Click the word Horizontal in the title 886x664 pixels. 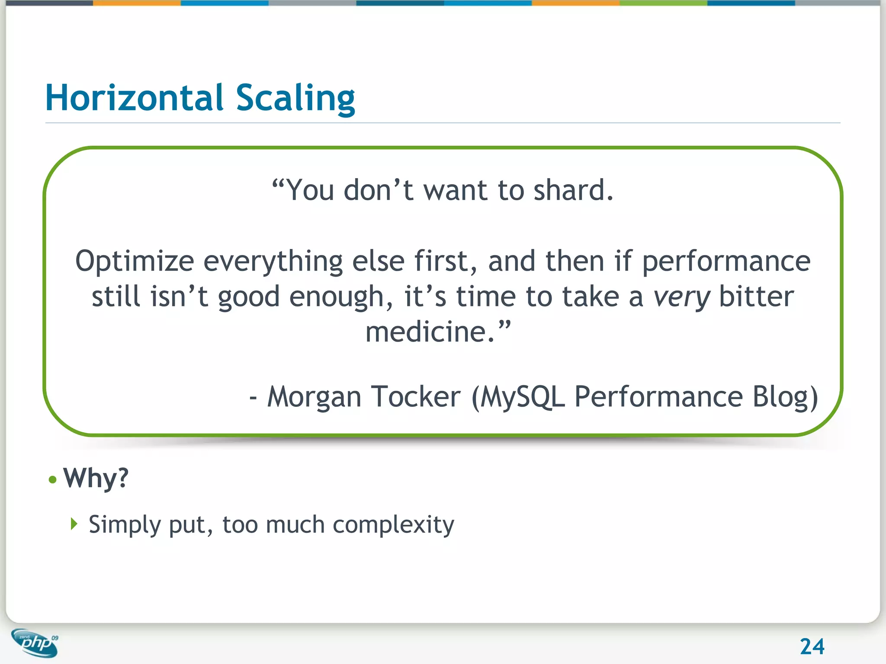click(134, 98)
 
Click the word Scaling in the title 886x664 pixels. click(295, 98)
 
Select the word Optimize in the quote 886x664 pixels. click(135, 262)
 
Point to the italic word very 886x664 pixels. click(681, 297)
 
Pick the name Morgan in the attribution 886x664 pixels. click(314, 397)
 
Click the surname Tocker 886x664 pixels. click(416, 397)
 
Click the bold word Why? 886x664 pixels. click(96, 479)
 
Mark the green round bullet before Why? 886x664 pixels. click(53, 480)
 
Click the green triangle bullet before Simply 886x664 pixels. click(74, 524)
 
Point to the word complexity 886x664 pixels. click(393, 525)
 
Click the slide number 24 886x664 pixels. click(812, 647)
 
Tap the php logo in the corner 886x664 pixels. click(35, 643)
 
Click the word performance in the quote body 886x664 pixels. click(726, 262)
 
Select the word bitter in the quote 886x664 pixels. click(756, 297)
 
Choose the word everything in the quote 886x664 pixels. click(273, 262)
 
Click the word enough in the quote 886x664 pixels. click(336, 297)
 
